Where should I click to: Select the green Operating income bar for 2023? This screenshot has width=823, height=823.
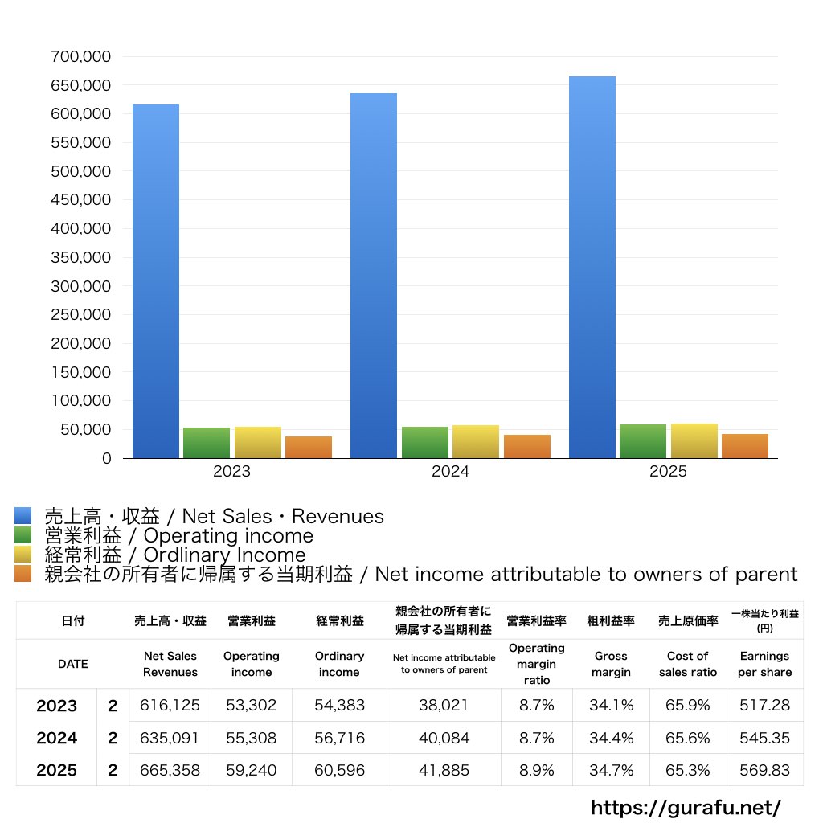[207, 443]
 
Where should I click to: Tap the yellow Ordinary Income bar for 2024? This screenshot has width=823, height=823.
[476, 442]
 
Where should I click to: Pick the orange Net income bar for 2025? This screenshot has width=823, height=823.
[745, 446]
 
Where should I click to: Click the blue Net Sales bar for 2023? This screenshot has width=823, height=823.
[156, 281]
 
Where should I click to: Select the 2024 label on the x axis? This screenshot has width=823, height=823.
[450, 472]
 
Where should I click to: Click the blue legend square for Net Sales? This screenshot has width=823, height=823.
[23, 516]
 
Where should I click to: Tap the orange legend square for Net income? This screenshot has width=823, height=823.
[23, 574]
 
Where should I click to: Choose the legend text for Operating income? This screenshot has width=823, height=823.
[178, 535]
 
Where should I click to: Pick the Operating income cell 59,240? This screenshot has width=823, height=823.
[251, 770]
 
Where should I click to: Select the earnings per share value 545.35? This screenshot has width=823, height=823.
[764, 738]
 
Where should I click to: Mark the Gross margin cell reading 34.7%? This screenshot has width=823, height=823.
[611, 770]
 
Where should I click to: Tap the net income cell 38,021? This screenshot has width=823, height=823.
[444, 706]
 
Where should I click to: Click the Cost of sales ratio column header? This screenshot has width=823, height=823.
[687, 664]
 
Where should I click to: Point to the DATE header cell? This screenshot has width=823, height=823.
[72, 664]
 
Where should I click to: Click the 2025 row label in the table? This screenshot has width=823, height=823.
[57, 770]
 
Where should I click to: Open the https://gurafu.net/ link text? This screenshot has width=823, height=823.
[686, 807]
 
